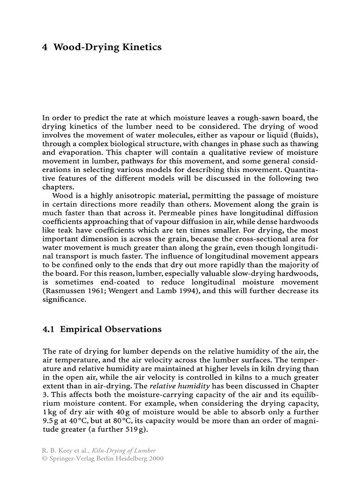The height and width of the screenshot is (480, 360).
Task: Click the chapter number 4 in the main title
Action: point(45,47)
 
